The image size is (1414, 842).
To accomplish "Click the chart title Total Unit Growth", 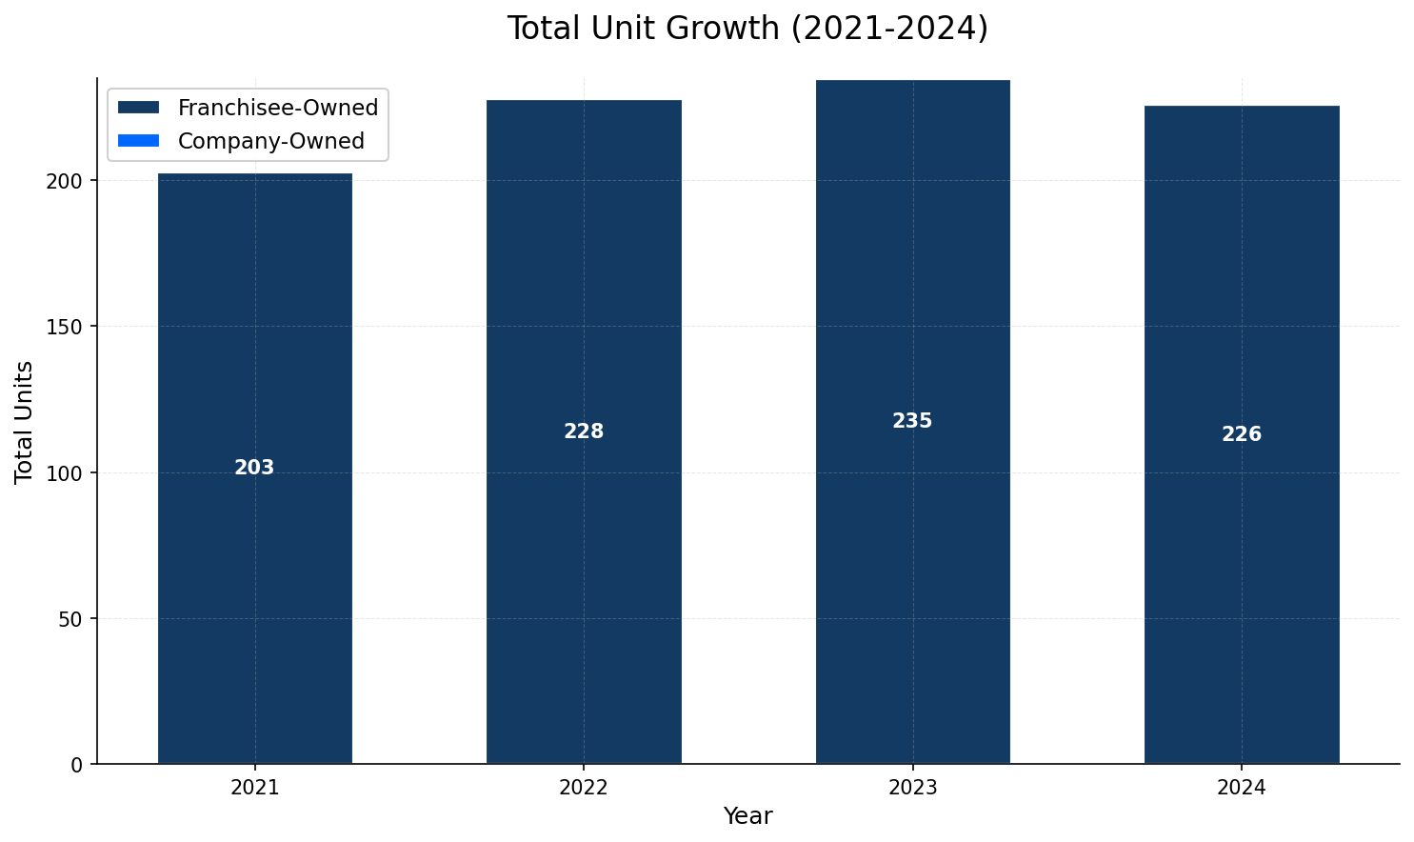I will (x=747, y=29).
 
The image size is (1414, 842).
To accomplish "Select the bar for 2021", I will (x=254, y=571).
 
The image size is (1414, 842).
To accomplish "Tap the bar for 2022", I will (x=584, y=571).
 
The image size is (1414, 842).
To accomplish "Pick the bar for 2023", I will (x=912, y=571).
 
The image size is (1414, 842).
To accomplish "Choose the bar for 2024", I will (x=1242, y=571).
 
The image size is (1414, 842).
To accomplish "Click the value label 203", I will (x=254, y=469).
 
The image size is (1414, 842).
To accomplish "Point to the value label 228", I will (x=584, y=431).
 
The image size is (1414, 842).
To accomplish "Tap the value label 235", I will (x=912, y=421).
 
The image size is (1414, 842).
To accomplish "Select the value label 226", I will (x=1242, y=434).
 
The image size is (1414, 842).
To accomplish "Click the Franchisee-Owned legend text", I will (x=278, y=108).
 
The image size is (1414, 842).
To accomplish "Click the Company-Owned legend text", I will (x=271, y=141).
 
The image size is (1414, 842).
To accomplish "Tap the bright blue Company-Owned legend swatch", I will (x=138, y=141).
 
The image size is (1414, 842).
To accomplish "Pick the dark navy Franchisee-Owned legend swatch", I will (x=138, y=108).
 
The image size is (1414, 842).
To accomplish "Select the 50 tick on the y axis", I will (x=76, y=619).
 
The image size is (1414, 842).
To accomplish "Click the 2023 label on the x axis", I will (x=912, y=788).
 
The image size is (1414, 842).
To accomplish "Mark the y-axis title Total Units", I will (x=25, y=422).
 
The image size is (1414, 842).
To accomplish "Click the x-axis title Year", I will (x=747, y=816).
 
